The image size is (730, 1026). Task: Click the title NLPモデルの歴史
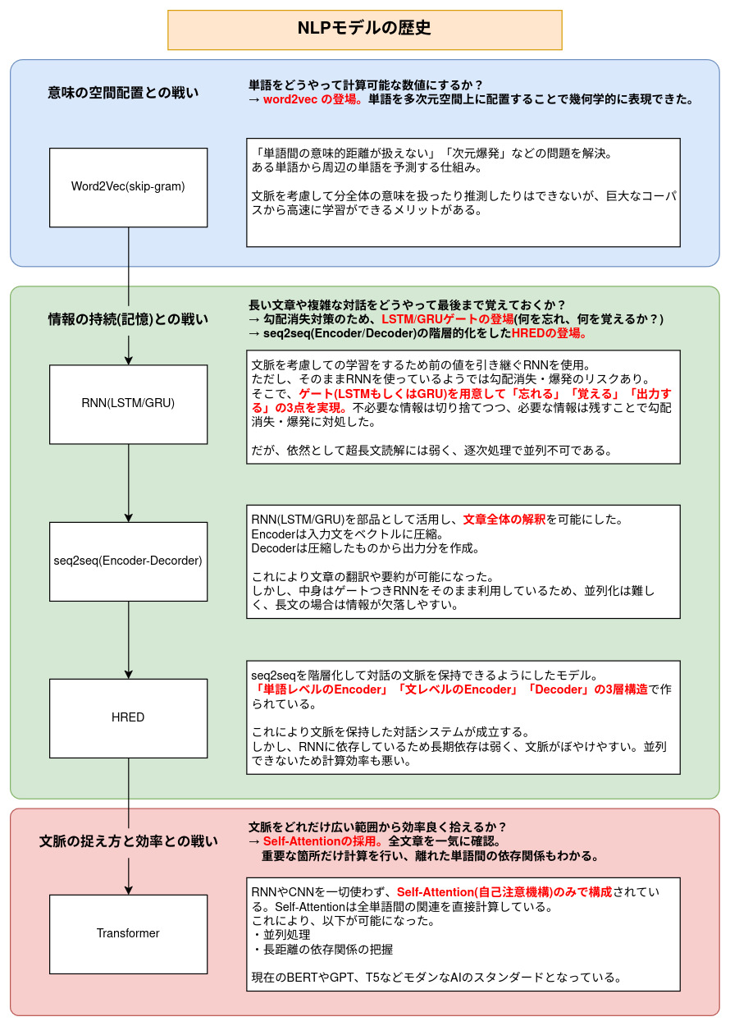click(x=364, y=29)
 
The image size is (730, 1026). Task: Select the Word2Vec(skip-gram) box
click(x=128, y=187)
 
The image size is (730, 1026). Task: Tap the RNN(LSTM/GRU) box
click(x=128, y=404)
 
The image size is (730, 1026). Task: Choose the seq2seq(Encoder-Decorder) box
click(x=128, y=561)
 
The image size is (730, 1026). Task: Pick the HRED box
click(x=128, y=717)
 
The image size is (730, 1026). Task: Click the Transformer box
click(x=128, y=933)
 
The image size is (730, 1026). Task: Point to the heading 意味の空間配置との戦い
click(x=123, y=93)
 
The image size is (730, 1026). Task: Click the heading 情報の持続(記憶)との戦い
click(x=128, y=319)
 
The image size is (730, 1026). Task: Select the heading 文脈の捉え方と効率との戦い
click(x=128, y=841)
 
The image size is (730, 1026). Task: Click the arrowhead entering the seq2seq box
click(x=129, y=517)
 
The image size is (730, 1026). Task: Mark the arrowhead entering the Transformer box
click(x=129, y=889)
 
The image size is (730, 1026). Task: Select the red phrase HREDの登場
click(x=549, y=334)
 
